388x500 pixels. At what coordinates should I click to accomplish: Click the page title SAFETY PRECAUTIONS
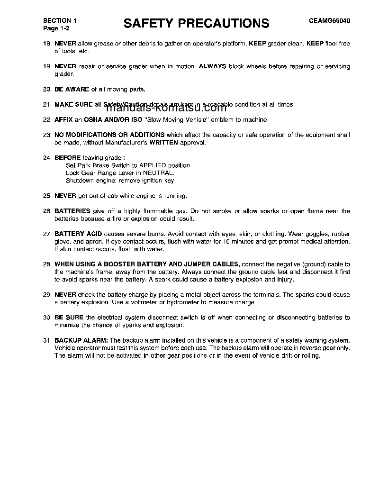[x=196, y=23]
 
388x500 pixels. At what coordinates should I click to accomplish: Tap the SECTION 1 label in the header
[x=60, y=21]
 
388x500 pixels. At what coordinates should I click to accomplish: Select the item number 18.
[x=46, y=44]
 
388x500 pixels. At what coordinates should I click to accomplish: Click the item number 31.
[x=46, y=340]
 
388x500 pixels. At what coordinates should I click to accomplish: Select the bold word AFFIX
[x=63, y=119]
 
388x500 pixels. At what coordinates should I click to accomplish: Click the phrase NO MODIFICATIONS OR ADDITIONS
[x=109, y=135]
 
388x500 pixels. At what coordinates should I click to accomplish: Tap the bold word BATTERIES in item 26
[x=72, y=211]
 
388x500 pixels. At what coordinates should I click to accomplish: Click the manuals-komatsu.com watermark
[x=163, y=107]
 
